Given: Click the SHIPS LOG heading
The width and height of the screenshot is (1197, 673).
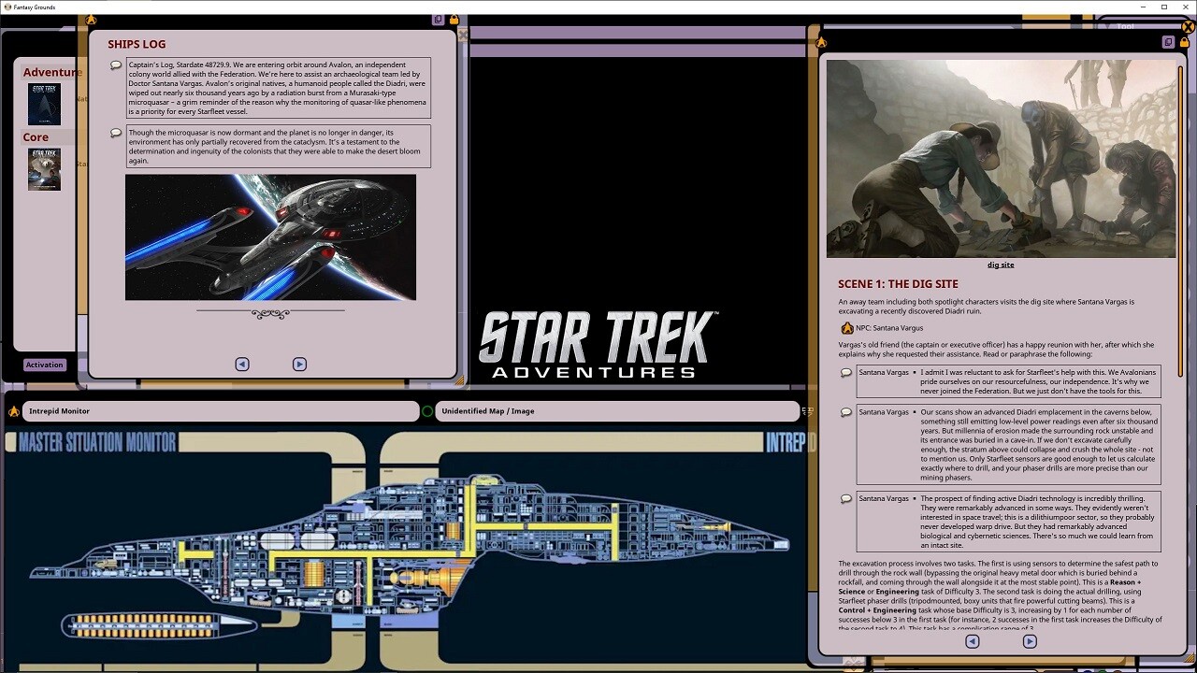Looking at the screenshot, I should click(137, 44).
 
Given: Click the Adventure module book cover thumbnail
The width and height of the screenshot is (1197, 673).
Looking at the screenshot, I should click(44, 104).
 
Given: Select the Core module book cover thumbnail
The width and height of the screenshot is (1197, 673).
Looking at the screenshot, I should click(44, 169).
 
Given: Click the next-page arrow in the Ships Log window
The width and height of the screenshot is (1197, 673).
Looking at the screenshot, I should click(299, 365).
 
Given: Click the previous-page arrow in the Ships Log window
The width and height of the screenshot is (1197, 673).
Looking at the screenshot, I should click(242, 365).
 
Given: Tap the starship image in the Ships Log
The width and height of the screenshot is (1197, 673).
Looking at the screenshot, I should click(270, 237).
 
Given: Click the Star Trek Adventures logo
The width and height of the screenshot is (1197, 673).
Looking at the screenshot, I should click(597, 345).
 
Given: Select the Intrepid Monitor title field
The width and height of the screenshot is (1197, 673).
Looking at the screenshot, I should click(220, 411).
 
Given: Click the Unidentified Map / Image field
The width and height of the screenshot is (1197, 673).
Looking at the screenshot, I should click(617, 411).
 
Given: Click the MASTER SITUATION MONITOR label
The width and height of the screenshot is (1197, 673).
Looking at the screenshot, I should click(97, 443).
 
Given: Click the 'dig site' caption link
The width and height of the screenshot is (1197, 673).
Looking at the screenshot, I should click(1000, 265).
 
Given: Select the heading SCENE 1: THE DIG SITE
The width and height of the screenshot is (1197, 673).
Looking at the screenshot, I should click(898, 284).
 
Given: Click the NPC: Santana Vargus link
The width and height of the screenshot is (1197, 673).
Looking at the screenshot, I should click(888, 328).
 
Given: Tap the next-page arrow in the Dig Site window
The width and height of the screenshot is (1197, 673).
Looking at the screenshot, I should click(1030, 641).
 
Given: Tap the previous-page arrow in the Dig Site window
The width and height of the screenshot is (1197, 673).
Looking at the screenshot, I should click(973, 641).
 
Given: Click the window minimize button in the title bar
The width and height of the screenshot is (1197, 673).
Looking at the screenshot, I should click(1141, 7).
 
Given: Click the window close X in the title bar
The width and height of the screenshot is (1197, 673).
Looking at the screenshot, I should click(1185, 7).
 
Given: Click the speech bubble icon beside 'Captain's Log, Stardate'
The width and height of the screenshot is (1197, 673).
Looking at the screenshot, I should click(116, 64).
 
